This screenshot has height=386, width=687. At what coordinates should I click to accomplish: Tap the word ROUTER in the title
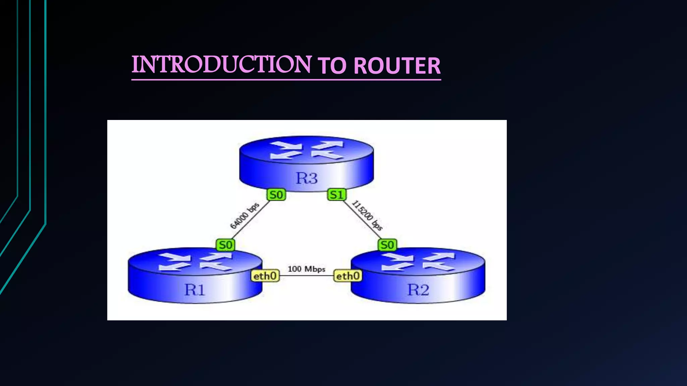point(397,66)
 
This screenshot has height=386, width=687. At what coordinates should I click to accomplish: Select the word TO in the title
point(332,66)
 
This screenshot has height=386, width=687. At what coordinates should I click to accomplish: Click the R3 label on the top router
point(306,178)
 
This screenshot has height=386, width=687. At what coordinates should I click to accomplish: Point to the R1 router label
point(195,289)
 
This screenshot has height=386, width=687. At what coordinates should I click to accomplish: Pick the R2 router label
point(418,289)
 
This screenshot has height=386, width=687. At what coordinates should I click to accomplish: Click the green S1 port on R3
point(336,195)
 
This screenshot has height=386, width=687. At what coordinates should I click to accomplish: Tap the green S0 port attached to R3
point(276,195)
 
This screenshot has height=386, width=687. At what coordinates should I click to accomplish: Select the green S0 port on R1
point(225,245)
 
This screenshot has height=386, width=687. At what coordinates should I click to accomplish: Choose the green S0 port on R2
point(387,245)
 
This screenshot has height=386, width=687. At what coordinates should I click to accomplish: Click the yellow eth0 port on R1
point(265,276)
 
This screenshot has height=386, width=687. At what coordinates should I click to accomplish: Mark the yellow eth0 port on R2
point(348,276)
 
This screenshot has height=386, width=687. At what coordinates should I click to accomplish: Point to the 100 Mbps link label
point(306,269)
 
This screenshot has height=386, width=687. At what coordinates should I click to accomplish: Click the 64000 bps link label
point(245,216)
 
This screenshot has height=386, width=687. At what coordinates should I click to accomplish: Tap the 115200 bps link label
point(367,215)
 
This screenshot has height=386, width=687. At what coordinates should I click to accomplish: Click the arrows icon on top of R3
point(306,150)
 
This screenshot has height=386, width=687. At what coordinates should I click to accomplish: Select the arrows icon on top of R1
point(195,262)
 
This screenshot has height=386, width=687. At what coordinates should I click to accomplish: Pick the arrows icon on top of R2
point(418,262)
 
